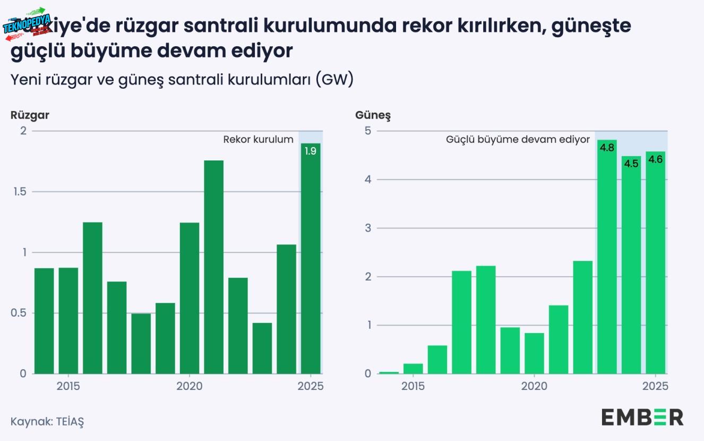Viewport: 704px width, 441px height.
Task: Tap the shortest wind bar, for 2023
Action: (262, 348)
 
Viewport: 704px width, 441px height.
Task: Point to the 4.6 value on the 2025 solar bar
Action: (656, 159)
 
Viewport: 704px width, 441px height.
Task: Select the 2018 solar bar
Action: (485, 319)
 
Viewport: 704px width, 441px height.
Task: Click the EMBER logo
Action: (642, 417)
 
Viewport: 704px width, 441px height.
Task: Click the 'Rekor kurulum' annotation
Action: (258, 140)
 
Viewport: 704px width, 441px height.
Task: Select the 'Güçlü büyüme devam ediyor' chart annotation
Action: (518, 140)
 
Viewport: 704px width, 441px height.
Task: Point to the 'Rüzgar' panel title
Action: (30, 115)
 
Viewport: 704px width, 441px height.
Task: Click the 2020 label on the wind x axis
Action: (190, 386)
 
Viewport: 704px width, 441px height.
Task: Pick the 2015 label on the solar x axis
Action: (413, 386)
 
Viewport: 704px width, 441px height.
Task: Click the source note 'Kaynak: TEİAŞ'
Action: (47, 421)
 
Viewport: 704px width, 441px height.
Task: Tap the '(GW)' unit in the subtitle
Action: (333, 80)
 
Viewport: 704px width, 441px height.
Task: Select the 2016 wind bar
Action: (92, 298)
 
